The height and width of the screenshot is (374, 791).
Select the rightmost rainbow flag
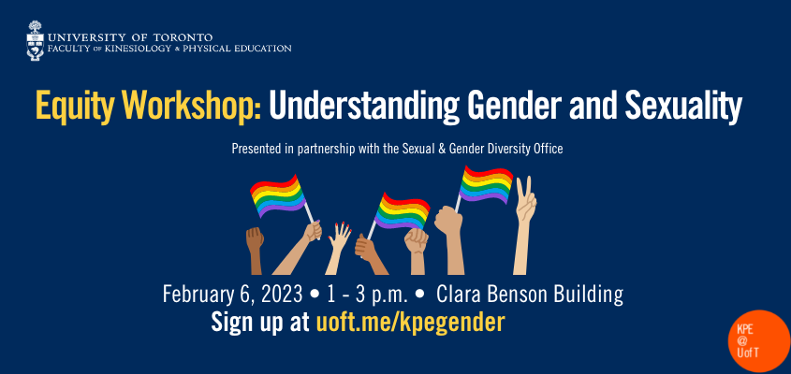[x=487, y=183]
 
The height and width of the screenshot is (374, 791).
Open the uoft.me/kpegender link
[x=410, y=323]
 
